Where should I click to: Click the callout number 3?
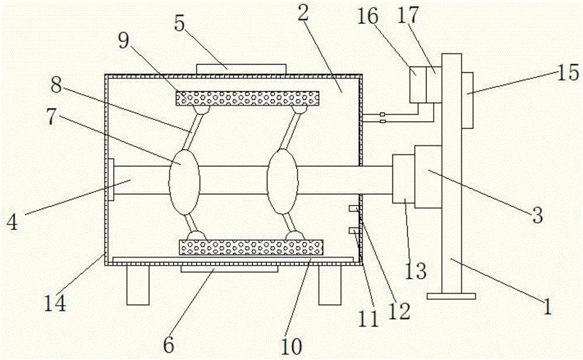[537, 214]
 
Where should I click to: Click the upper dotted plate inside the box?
[247, 99]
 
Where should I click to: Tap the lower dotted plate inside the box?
[251, 247]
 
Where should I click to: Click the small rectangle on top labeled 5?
[241, 69]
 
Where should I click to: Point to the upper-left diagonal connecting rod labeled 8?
[190, 131]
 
